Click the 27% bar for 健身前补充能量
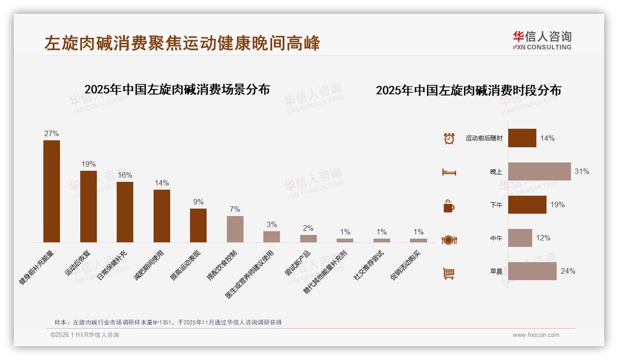coord(52,191)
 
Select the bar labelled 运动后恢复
coord(89,206)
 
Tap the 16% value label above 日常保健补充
coord(125,175)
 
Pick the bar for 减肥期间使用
coord(162,216)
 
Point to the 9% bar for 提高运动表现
coord(198,225)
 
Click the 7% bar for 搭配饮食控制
coord(235,229)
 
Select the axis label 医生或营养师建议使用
coord(250,274)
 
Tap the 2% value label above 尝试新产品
coord(308,228)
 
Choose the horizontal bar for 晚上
coord(539,171)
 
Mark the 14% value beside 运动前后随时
coord(547,138)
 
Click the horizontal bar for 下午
coord(527,204)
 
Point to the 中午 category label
coord(496,238)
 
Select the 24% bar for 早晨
coord(532,271)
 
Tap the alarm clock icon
coord(449,138)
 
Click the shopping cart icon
coord(449,274)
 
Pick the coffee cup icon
coord(449,206)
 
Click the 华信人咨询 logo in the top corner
coord(542,41)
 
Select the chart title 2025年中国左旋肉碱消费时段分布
coord(469,90)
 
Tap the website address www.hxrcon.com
coord(536,335)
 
